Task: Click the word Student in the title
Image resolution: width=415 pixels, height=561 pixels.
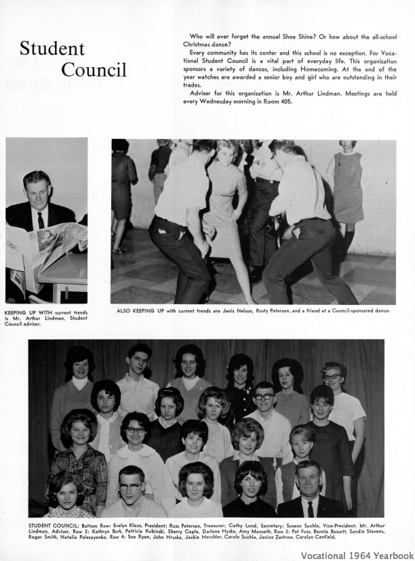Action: tap(52, 49)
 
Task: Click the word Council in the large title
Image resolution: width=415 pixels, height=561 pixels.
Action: tap(94, 70)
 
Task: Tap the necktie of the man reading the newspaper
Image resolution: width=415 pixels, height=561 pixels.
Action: tap(41, 220)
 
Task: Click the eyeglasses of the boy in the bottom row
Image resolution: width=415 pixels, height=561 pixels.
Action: tap(130, 486)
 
